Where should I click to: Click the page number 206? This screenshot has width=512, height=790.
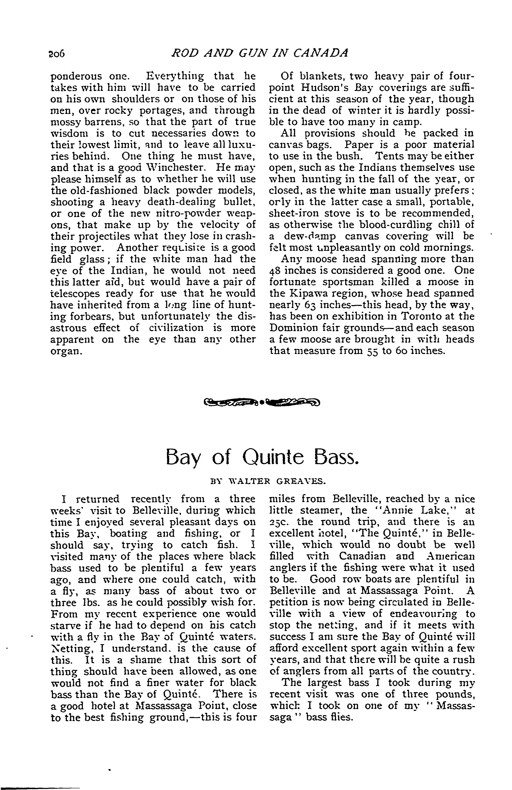(x=58, y=54)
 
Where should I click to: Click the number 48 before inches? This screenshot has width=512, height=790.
(x=274, y=270)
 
